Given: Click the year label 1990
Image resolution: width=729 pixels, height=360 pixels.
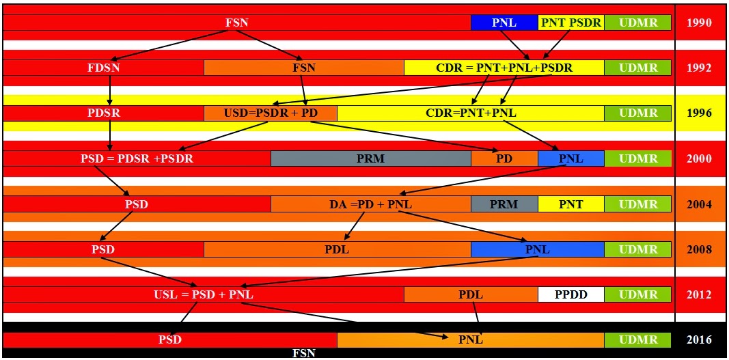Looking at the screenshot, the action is [x=699, y=23].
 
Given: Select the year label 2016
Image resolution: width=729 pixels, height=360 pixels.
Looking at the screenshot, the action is [x=699, y=340].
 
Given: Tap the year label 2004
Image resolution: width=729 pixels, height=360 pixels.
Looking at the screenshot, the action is [x=699, y=204].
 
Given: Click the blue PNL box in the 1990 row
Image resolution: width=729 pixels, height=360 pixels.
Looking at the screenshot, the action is [x=504, y=23].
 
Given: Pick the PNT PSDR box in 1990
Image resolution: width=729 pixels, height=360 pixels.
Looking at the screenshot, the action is [x=571, y=23].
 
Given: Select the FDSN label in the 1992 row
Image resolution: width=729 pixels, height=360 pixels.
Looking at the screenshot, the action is [x=104, y=68].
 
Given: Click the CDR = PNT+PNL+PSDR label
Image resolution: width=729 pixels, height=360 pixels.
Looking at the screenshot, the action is [x=504, y=68].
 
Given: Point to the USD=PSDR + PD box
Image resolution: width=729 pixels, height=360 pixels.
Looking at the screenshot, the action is [x=271, y=113].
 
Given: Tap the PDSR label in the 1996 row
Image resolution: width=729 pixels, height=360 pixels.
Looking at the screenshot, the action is [x=104, y=113].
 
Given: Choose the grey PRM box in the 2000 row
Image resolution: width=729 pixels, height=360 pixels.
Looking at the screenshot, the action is [x=371, y=158].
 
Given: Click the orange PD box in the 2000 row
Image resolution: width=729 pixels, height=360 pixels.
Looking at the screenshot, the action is [x=504, y=158].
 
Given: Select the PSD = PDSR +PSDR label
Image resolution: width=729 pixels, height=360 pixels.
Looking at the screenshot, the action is [x=137, y=158].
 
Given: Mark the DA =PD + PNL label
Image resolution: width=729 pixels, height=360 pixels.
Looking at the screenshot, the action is [x=370, y=204].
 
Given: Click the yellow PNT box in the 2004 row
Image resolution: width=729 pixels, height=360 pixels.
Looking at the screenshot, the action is [x=571, y=204].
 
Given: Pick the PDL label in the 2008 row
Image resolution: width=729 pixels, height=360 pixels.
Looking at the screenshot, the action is [x=337, y=249].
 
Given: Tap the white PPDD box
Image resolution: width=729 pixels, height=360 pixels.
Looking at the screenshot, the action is [x=571, y=294].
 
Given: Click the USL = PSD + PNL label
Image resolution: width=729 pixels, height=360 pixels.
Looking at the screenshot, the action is [x=204, y=294].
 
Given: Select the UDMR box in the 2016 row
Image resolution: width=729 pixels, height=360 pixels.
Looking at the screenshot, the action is [x=638, y=340].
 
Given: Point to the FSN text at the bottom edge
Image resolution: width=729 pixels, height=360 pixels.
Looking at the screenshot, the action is [x=303, y=353].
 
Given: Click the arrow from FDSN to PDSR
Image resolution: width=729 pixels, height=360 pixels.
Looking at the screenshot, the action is [x=110, y=89].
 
